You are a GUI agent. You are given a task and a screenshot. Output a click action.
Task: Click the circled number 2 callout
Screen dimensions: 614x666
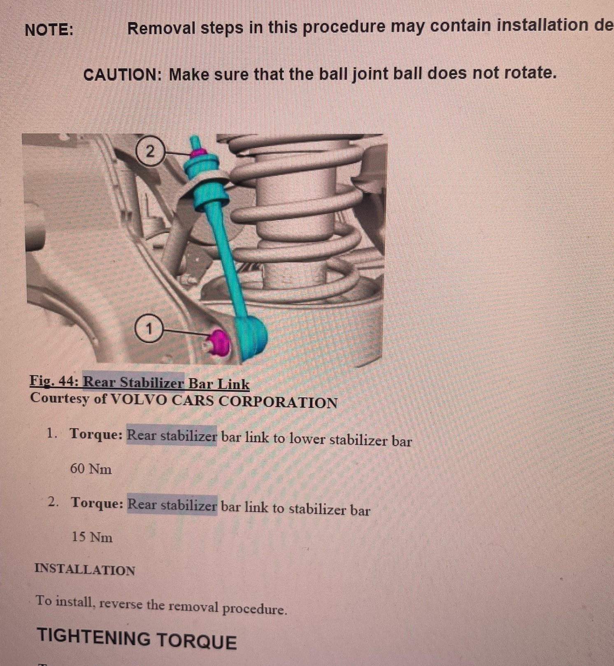tap(150, 152)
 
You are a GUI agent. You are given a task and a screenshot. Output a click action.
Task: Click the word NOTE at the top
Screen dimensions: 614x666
tap(49, 30)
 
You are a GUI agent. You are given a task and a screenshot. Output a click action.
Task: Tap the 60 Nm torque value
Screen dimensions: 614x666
tap(91, 468)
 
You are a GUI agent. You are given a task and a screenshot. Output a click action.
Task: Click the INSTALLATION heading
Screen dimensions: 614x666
tap(85, 569)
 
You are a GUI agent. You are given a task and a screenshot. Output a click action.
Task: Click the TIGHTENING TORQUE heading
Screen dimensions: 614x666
tap(137, 639)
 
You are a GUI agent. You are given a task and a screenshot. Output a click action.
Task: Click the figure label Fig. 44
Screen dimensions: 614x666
tap(54, 381)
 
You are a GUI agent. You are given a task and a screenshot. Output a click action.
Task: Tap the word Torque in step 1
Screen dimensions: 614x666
tap(96, 434)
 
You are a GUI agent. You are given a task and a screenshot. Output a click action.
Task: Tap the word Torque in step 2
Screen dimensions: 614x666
tap(97, 503)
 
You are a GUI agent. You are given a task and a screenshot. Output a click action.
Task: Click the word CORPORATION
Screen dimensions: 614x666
tap(278, 402)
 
